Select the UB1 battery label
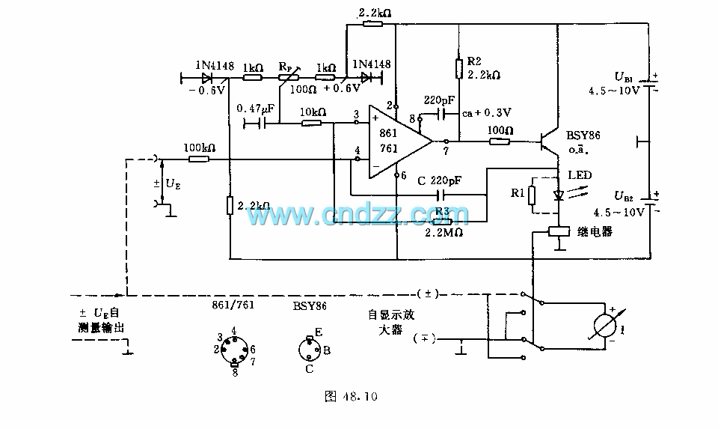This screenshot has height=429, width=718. tap(624, 77)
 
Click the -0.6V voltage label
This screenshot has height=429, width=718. tap(207, 91)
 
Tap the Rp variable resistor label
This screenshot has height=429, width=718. tap(286, 65)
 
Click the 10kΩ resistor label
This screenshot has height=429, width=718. tap(312, 112)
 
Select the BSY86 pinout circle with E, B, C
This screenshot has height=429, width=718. tap(309, 350)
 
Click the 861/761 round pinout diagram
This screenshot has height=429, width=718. tap(234, 349)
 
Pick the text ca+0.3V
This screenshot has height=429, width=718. tap(486, 112)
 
